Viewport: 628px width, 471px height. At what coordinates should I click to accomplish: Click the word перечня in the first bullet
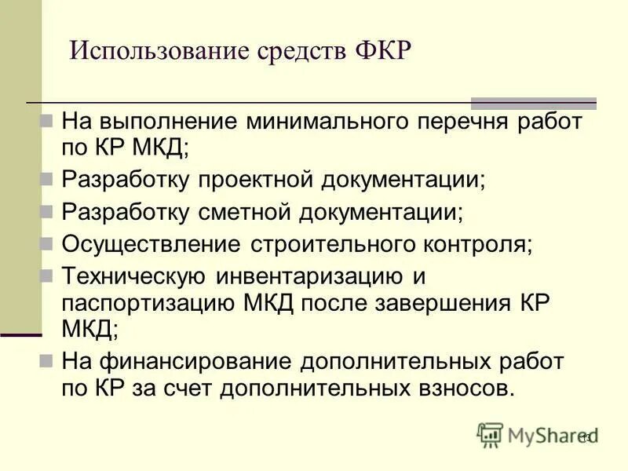[456, 122]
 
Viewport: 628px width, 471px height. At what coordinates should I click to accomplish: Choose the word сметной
[245, 212]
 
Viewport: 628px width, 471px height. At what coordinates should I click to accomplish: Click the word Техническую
[133, 276]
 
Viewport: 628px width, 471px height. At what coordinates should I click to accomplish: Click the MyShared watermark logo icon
[490, 434]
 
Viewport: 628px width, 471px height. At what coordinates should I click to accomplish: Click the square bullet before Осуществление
[46, 243]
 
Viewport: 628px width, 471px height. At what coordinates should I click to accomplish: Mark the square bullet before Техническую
[46, 276]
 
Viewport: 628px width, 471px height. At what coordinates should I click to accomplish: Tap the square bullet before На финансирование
[46, 362]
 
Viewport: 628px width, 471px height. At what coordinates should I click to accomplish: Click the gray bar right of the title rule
[533, 103]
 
